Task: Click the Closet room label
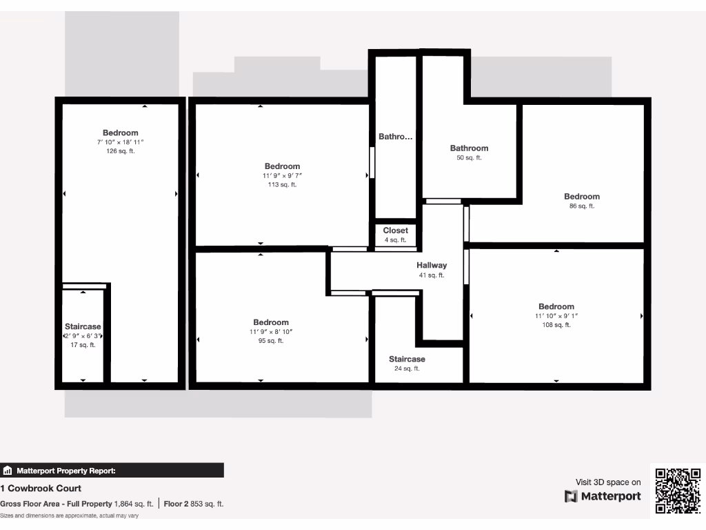[396, 230]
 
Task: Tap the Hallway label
[432, 265]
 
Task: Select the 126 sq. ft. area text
[121, 151]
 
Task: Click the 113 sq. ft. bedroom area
[282, 184]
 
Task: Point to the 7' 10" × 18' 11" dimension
[121, 142]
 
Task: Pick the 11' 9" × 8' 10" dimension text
[271, 332]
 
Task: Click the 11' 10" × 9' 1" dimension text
[556, 316]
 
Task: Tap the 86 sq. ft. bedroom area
[582, 206]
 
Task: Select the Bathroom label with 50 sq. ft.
[469, 148]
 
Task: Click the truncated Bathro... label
[396, 137]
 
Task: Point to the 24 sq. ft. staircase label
[407, 369]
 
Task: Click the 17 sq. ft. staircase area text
[83, 345]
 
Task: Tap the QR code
[678, 491]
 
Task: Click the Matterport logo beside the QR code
[603, 496]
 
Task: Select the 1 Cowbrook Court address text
[41, 489]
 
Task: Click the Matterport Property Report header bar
[112, 471]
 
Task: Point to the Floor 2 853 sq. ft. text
[194, 504]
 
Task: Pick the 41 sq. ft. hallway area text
[432, 275]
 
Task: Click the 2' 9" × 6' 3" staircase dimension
[83, 336]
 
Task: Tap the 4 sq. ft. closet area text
[396, 240]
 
